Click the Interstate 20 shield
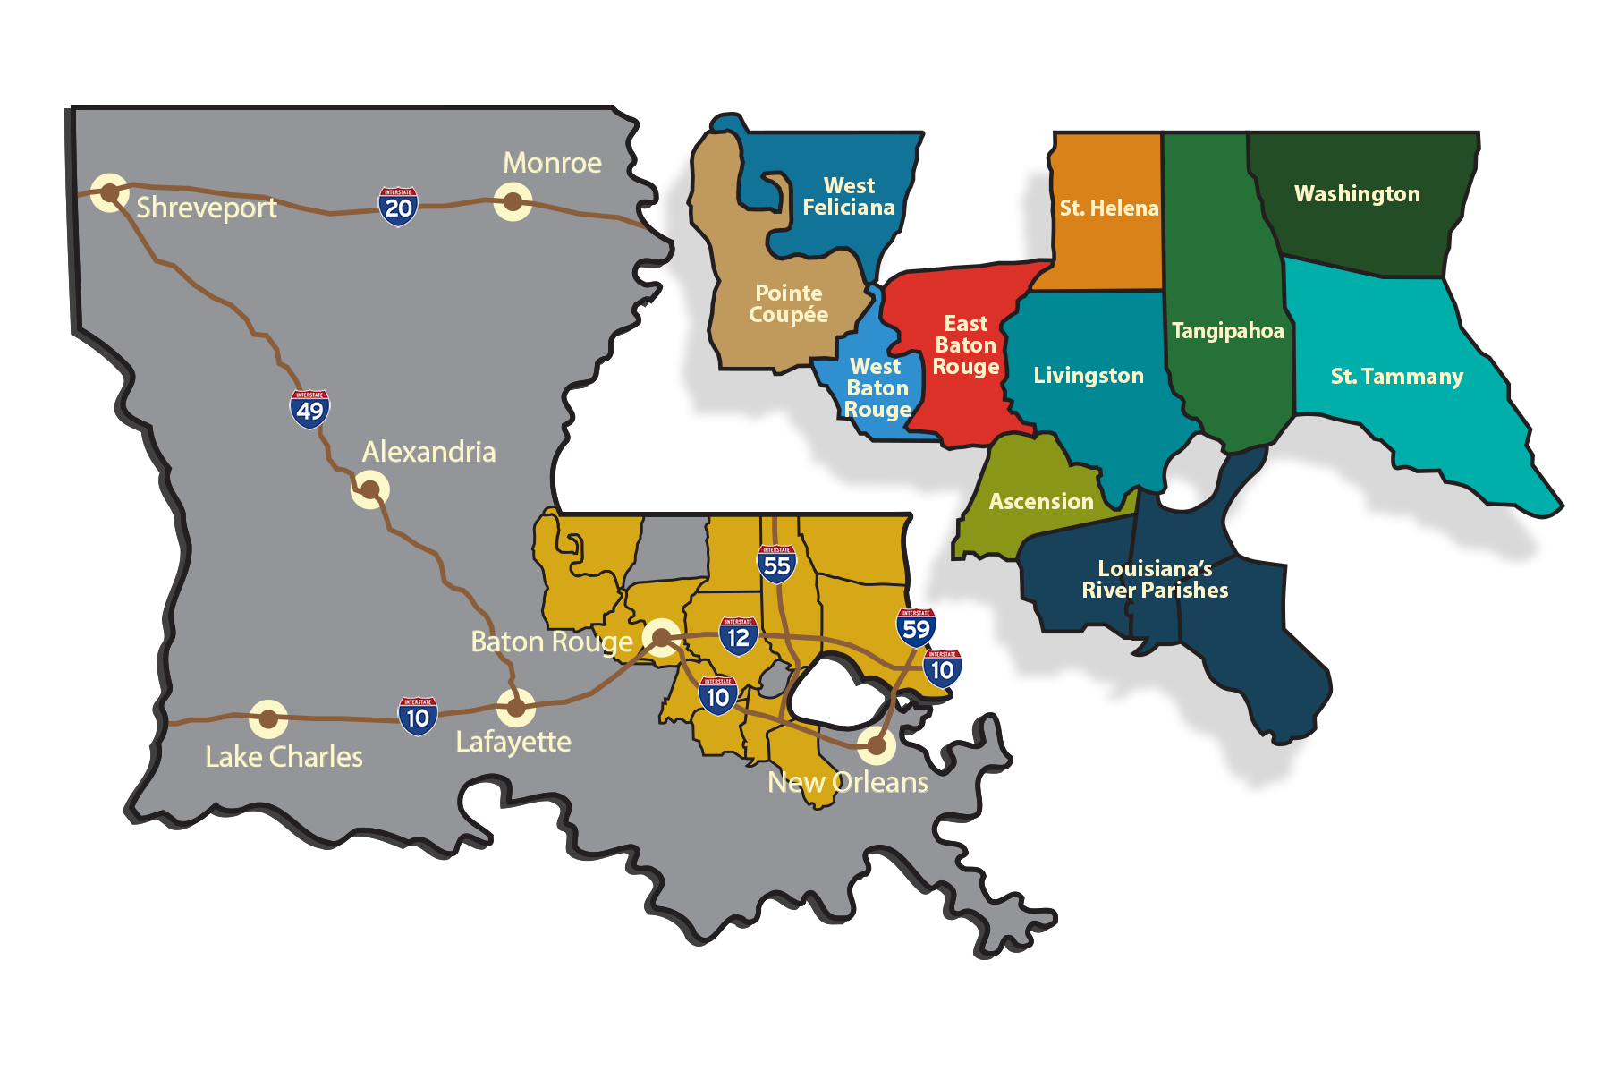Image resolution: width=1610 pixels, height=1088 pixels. point(398,207)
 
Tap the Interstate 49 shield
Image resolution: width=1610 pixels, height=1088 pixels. point(309,409)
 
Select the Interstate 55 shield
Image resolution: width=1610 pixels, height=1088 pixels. point(776,565)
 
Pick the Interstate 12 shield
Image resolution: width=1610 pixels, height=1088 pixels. point(738,636)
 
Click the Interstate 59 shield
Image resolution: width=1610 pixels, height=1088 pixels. point(916,628)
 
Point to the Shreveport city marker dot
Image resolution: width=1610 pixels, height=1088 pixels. point(110,192)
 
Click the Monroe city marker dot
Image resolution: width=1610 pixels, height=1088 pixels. point(513,201)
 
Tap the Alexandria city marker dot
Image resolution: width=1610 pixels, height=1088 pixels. point(369,489)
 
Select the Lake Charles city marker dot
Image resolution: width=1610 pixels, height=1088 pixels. point(267,718)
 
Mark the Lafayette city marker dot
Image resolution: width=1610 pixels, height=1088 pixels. point(516,708)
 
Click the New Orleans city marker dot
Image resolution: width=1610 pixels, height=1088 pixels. point(877,744)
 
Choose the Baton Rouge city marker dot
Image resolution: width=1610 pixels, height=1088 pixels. point(661,637)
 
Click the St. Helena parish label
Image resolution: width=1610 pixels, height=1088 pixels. point(1109,208)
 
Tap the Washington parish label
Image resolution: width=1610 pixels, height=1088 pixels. point(1357,194)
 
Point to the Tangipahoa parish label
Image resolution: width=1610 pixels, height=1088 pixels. point(1227,331)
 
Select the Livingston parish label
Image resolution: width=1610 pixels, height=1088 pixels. point(1089,376)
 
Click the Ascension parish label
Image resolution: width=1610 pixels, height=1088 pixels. point(1041,502)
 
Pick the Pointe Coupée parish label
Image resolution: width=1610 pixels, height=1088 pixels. point(788,304)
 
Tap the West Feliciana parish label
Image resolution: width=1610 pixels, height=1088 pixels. point(849,197)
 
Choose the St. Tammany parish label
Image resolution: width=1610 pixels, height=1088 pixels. point(1396,377)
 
